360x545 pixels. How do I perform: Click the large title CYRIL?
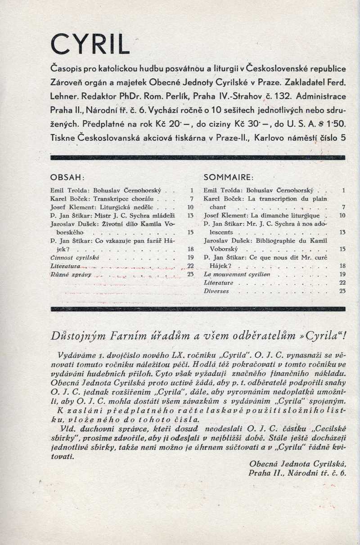point(90,44)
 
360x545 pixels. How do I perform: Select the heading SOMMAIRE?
point(229,177)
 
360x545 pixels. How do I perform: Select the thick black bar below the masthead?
point(198,158)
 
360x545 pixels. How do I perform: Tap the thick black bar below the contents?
point(198,309)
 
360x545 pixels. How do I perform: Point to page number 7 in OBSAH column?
point(191,199)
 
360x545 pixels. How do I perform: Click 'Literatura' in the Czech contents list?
point(66,266)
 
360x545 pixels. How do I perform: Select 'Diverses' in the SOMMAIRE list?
point(216,291)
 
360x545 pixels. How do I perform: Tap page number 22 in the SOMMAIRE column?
point(342,283)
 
